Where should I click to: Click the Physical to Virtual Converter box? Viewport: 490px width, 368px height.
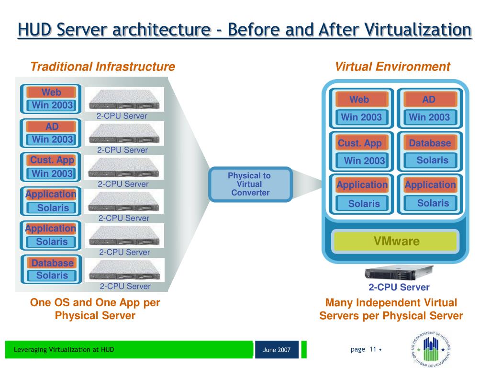click(250, 184)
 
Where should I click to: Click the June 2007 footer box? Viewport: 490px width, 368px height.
click(277, 350)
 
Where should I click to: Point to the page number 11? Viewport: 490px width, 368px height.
click(372, 349)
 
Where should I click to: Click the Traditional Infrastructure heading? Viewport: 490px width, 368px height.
click(102, 67)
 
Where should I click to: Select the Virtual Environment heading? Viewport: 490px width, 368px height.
click(392, 67)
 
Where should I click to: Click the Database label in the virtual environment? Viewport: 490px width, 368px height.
click(430, 143)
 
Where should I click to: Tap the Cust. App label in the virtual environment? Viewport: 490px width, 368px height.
click(360, 143)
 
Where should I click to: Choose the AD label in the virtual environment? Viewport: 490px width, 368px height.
click(429, 100)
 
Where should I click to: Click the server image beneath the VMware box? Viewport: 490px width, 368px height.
click(399, 273)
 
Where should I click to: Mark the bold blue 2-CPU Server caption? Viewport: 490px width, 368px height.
click(399, 287)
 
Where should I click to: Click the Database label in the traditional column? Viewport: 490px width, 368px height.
click(52, 263)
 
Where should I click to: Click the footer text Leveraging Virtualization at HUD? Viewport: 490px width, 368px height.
click(64, 349)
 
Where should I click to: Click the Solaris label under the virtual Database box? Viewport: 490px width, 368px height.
click(432, 160)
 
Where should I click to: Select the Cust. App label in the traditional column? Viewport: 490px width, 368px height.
click(52, 160)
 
